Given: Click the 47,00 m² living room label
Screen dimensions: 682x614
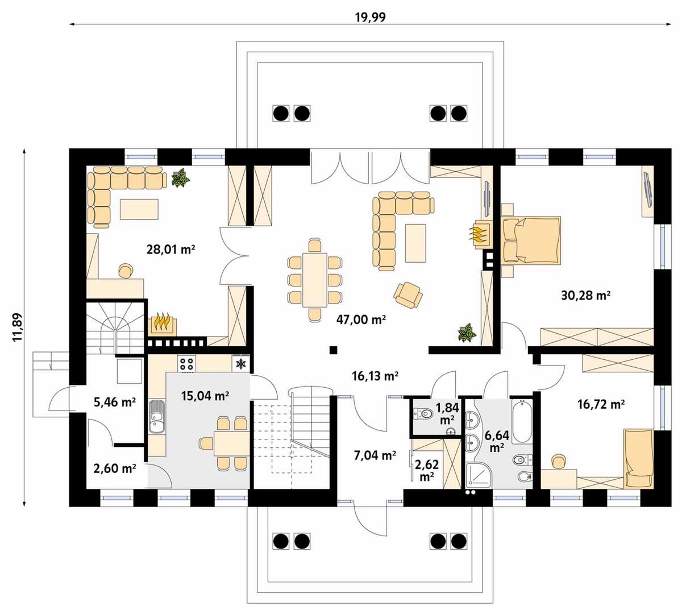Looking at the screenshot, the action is click(x=361, y=320).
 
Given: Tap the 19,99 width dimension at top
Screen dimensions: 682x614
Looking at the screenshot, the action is click(x=371, y=17).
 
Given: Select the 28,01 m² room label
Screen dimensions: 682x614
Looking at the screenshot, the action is click(x=170, y=250).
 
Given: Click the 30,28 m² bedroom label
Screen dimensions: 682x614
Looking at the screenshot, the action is click(x=585, y=295).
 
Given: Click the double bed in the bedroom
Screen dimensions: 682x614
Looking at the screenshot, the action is click(x=531, y=240).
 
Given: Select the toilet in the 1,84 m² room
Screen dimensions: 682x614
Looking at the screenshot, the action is click(x=423, y=413).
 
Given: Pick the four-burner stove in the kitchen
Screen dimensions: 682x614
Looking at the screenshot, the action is click(x=186, y=363).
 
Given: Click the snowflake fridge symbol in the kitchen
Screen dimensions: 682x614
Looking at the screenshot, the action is click(x=241, y=363).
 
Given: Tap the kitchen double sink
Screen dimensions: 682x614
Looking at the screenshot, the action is click(x=156, y=417).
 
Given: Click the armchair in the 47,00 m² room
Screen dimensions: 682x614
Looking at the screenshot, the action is click(x=408, y=294).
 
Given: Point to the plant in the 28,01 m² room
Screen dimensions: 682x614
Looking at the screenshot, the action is click(x=180, y=177).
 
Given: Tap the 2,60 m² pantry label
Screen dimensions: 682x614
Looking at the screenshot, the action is click(x=115, y=468).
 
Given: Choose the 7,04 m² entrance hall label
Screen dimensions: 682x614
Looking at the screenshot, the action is click(x=375, y=455).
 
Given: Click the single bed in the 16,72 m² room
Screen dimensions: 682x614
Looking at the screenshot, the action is click(x=638, y=458).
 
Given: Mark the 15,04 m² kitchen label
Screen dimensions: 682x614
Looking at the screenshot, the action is click(x=205, y=396).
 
